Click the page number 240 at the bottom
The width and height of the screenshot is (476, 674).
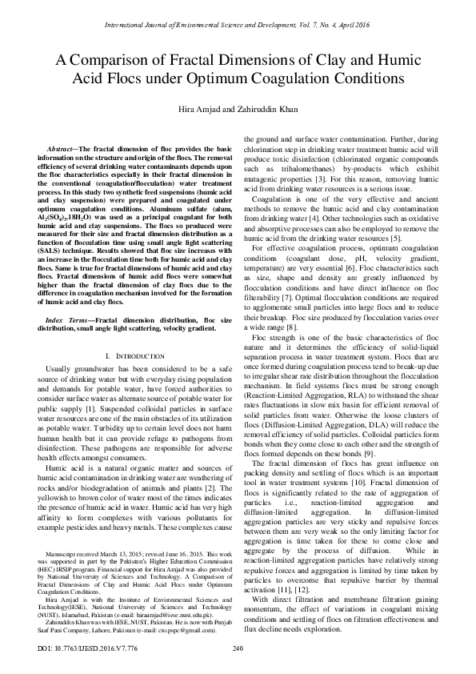(x=238, y=648)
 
